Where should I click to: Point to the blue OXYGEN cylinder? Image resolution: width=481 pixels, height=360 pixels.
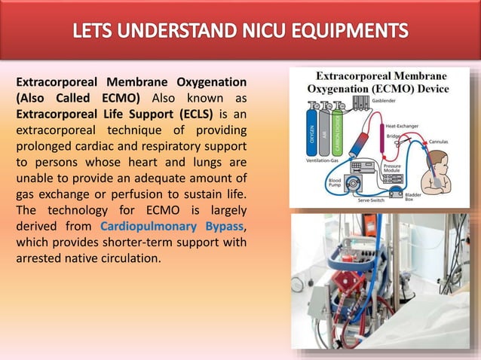tap(311, 133)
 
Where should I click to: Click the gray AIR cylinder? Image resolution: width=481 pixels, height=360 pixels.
tap(324, 133)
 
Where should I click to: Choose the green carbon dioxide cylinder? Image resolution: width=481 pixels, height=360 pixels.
tap(338, 133)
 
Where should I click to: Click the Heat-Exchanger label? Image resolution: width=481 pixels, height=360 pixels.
tap(402, 126)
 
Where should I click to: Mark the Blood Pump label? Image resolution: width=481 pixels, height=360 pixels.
tap(334, 185)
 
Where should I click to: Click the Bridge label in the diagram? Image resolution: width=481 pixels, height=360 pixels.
tap(393, 137)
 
